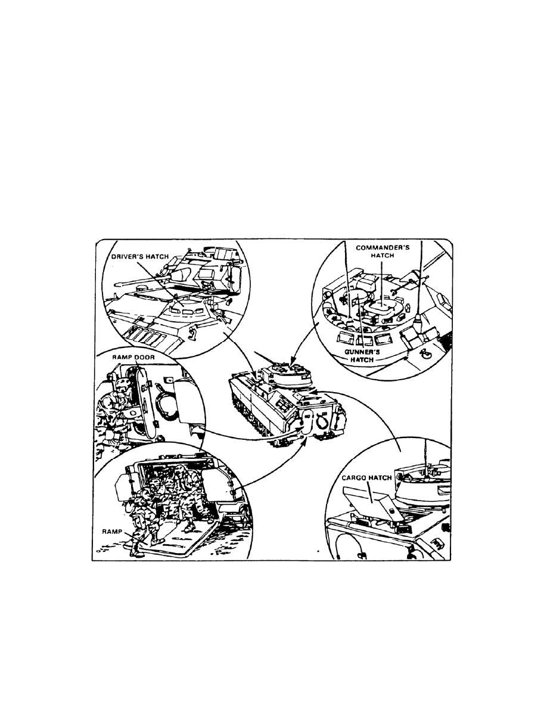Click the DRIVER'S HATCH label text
(140, 256)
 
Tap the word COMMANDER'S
(383, 247)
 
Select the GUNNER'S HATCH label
(362, 356)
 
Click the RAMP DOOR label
(133, 357)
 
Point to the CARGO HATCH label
(366, 478)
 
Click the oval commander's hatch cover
(383, 307)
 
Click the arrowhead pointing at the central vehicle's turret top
(293, 361)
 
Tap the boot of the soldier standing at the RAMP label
(135, 551)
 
